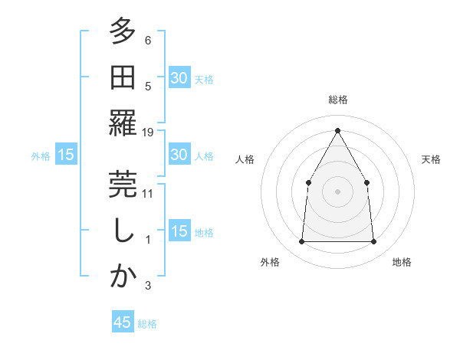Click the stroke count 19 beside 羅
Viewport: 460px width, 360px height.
[148, 133]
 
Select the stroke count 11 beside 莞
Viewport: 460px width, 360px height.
[148, 193]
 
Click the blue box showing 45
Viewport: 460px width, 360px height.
[123, 322]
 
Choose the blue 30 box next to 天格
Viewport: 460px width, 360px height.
[179, 77]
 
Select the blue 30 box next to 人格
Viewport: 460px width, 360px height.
[179, 155]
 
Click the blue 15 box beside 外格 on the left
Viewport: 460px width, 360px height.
[66, 155]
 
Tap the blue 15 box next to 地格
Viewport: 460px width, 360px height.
[179, 231]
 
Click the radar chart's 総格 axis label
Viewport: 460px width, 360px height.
[337, 100]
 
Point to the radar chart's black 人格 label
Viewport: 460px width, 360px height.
[245, 159]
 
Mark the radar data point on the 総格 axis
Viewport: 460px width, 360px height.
[337, 130]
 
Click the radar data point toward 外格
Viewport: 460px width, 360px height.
[301, 242]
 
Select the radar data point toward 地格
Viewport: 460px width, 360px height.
[374, 242]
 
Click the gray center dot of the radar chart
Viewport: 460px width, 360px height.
[337, 191]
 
